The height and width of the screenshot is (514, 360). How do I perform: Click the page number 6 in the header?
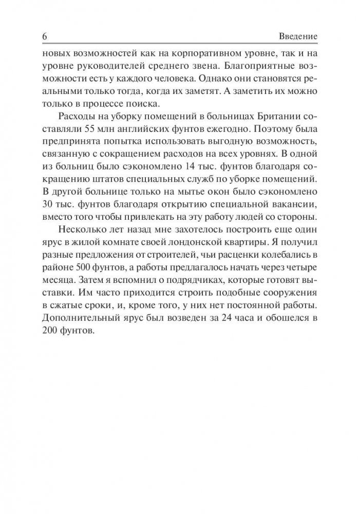44,37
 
